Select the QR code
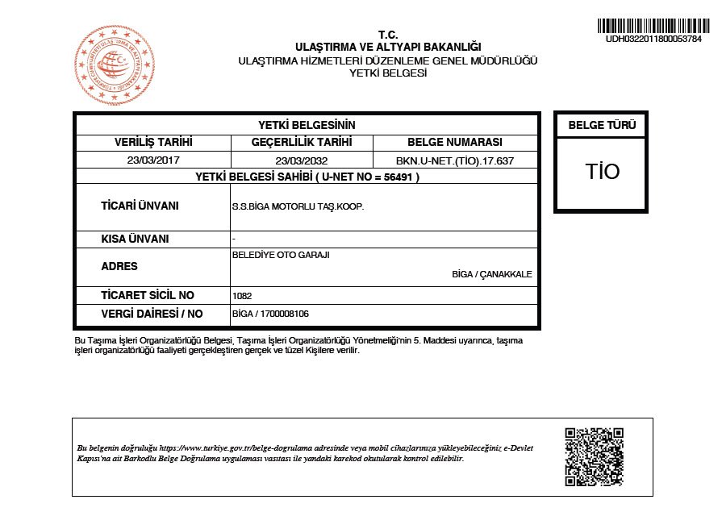click(x=594, y=456)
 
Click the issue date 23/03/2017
click(x=153, y=160)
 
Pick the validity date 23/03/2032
click(x=301, y=160)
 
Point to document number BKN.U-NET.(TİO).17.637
click(x=455, y=160)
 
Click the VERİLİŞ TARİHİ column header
click(x=153, y=142)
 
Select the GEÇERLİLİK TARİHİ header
click(x=301, y=142)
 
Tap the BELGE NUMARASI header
click(x=455, y=142)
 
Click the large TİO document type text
click(x=602, y=171)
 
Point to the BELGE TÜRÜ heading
click(x=602, y=125)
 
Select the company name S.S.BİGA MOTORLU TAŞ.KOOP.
click(x=298, y=206)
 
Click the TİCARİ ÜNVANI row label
click(x=140, y=206)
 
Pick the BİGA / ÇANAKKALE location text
click(x=492, y=274)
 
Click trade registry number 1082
click(x=241, y=296)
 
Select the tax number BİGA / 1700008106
click(x=270, y=314)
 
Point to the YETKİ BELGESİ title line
click(x=387, y=73)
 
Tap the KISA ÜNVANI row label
click(x=135, y=239)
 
